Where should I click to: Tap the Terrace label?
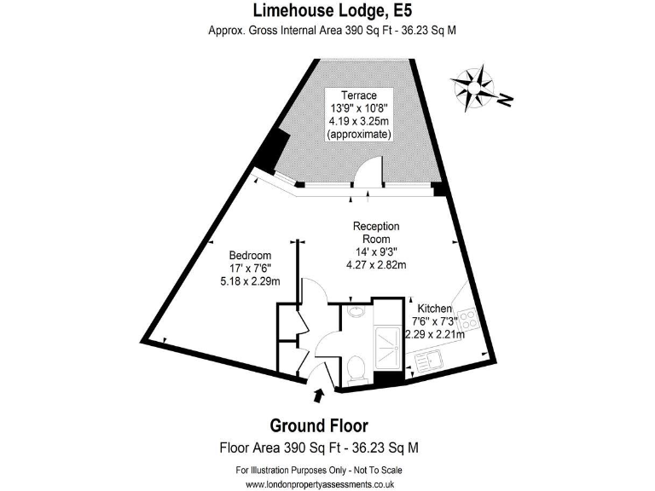360,95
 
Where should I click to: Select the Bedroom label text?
250,256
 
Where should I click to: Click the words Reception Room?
376,233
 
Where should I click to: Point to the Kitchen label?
435,308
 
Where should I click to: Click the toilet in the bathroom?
358,367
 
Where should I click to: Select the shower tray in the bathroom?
388,344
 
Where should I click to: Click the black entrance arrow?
319,395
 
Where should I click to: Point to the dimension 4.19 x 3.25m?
360,122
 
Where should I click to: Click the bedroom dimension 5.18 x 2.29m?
250,281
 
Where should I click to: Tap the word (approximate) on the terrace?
360,135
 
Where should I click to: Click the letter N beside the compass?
506,101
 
